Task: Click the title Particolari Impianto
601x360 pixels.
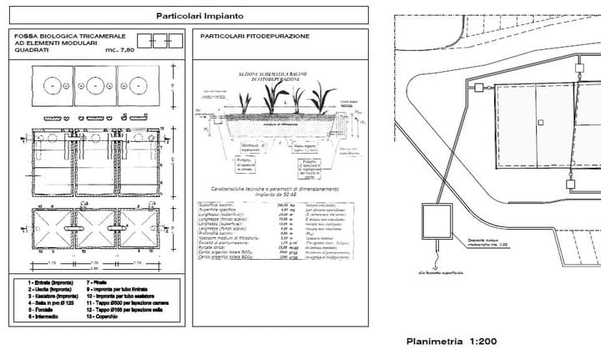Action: pyautogui.click(x=187, y=16)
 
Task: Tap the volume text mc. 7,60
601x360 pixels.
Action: pyautogui.click(x=119, y=51)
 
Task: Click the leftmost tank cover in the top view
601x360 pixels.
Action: pyautogui.click(x=52, y=86)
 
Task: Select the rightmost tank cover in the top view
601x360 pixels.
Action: pyautogui.click(x=138, y=86)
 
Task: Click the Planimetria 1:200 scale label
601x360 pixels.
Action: pyautogui.click(x=452, y=341)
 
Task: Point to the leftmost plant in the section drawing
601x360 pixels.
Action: pyautogui.click(x=245, y=103)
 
